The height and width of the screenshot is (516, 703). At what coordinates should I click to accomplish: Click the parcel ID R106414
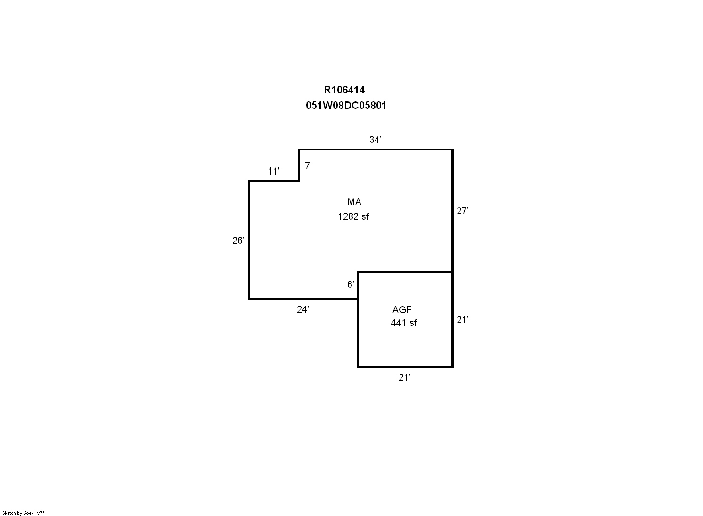[344, 90]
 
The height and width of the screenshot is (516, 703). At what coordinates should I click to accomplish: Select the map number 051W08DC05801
[346, 106]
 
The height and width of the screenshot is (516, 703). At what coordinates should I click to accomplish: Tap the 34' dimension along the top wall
[376, 140]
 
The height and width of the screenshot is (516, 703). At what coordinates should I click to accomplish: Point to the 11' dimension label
[274, 171]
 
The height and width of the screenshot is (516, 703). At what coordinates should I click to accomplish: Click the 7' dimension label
[308, 166]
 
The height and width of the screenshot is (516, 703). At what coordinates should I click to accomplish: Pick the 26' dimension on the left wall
[238, 241]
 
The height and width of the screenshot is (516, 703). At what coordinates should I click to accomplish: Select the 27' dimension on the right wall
[463, 211]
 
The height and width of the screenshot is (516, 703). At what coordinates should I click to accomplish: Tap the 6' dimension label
[351, 284]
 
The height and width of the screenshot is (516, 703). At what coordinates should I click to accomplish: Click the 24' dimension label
[303, 309]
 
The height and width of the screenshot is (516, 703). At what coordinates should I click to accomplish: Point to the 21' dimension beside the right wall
[463, 320]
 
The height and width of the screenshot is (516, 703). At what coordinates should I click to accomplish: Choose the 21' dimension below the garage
[405, 377]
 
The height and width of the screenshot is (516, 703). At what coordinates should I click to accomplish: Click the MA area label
[354, 202]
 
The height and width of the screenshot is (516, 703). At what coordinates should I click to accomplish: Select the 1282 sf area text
[353, 216]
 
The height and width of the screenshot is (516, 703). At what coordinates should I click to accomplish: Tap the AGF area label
[402, 310]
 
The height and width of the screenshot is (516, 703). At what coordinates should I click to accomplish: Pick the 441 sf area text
[404, 323]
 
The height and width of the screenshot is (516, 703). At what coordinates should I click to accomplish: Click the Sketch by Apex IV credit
[23, 513]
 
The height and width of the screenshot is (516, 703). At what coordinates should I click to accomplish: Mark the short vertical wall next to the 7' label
[299, 165]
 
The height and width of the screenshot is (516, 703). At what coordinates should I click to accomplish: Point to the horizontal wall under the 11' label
[274, 181]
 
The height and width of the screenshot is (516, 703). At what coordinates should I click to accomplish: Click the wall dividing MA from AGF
[405, 272]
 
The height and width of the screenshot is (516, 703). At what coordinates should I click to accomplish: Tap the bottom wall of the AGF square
[405, 367]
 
